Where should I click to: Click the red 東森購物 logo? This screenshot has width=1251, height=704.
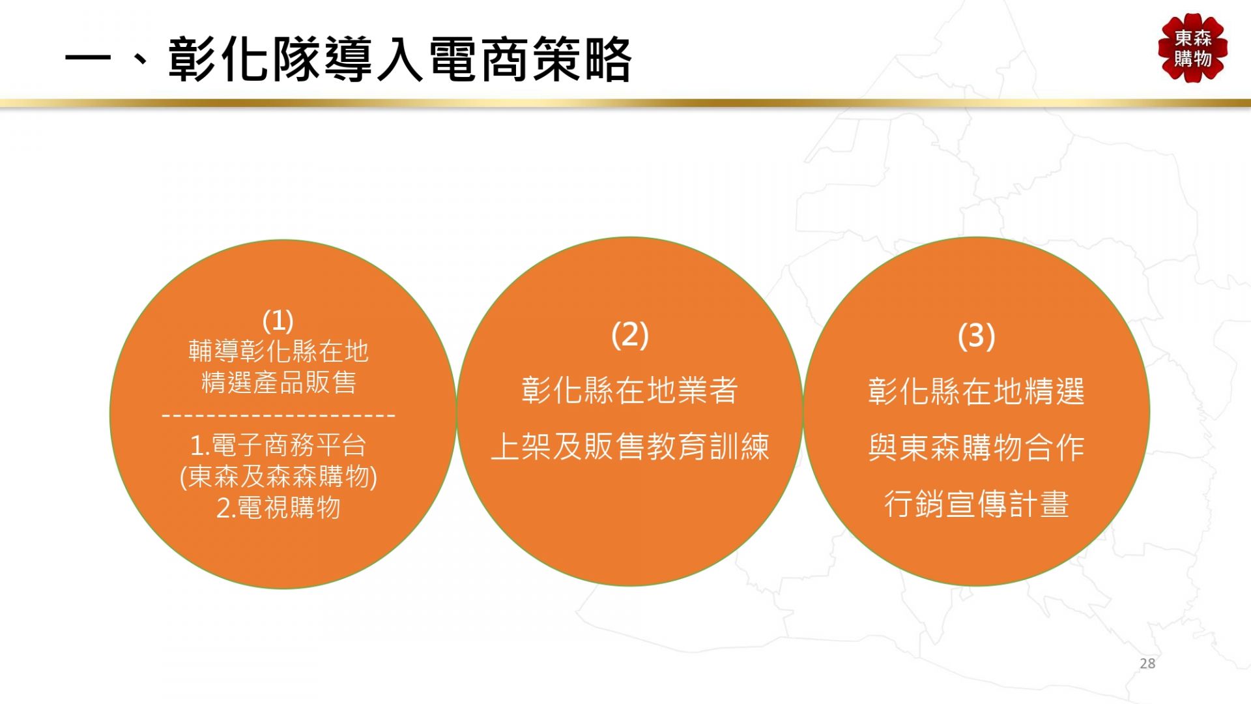tap(1193, 48)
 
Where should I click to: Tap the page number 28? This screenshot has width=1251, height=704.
tap(1147, 664)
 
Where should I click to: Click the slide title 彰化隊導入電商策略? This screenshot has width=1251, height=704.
tap(400, 60)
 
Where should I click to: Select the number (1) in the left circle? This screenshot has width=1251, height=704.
tap(278, 321)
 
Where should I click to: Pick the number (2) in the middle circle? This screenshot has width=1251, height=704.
tap(630, 335)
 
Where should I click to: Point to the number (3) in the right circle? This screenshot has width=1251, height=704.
tap(977, 336)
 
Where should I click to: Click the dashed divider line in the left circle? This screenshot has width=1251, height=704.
tap(278, 415)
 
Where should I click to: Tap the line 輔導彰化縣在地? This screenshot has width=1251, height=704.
tap(279, 352)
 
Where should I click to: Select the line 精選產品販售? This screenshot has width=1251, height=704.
tap(279, 383)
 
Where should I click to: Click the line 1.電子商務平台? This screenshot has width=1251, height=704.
tap(278, 446)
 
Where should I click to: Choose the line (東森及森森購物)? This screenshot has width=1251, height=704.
tap(278, 477)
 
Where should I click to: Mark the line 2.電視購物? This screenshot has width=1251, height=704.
tap(278, 508)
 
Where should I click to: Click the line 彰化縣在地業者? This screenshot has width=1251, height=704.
tap(630, 390)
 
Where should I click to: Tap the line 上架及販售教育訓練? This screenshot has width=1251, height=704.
tap(630, 447)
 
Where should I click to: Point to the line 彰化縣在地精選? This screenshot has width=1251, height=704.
tap(977, 392)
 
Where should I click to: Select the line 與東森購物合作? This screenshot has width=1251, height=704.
tap(977, 448)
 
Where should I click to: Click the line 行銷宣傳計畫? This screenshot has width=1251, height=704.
tap(977, 505)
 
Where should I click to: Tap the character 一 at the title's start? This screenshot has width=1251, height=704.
tap(87, 61)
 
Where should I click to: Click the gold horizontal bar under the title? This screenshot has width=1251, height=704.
tap(625, 103)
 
